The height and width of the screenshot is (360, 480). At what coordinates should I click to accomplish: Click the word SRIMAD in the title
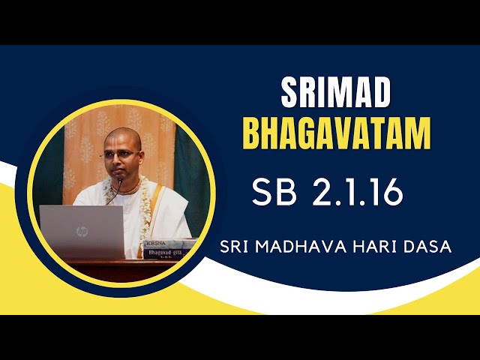(336, 92)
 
